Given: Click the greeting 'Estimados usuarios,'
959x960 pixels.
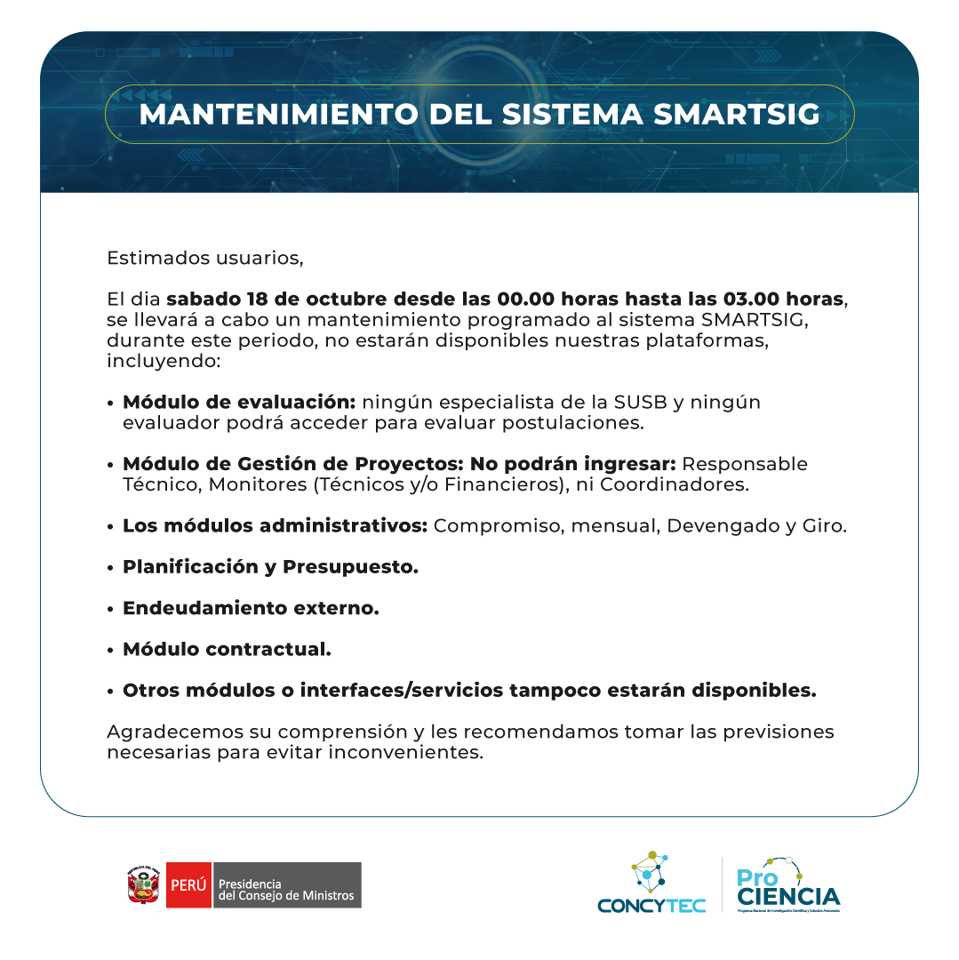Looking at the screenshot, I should [205, 259].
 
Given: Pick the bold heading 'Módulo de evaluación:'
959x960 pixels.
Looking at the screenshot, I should [239, 402].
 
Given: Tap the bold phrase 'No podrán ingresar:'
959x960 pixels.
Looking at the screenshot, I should [573, 464].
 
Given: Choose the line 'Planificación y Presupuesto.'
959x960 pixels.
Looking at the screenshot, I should [270, 566].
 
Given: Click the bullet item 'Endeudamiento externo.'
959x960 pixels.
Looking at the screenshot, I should [251, 608].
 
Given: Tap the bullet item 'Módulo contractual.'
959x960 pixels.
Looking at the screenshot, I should [227, 649].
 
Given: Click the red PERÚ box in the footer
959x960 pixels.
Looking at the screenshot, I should [188, 885].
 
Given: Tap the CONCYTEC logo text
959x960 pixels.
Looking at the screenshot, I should [651, 905].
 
